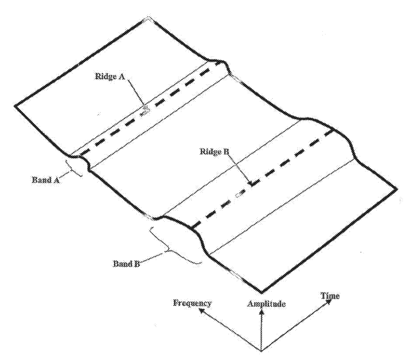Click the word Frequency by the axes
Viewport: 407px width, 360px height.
click(x=192, y=303)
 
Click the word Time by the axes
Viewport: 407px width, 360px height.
click(x=330, y=296)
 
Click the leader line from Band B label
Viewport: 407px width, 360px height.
click(x=153, y=256)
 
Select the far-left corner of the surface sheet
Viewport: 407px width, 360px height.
click(x=15, y=106)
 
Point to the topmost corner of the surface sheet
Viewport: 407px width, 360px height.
click(x=148, y=18)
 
